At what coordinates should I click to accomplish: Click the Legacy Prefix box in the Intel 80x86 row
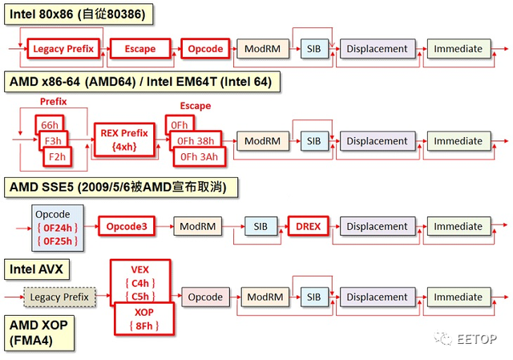[x=63, y=49]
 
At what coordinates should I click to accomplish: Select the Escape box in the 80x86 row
[x=140, y=49]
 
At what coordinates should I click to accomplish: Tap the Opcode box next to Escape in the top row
[x=205, y=49]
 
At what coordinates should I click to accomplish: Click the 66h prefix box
[x=49, y=125]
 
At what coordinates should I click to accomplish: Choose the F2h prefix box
[x=57, y=156]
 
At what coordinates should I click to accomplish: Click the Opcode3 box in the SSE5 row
[x=127, y=227]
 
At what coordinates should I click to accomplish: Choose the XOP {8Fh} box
[x=143, y=318]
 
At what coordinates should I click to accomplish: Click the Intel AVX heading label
[x=36, y=266]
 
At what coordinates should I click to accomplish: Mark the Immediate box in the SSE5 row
[x=458, y=227]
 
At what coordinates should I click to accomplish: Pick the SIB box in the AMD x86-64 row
[x=313, y=141]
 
